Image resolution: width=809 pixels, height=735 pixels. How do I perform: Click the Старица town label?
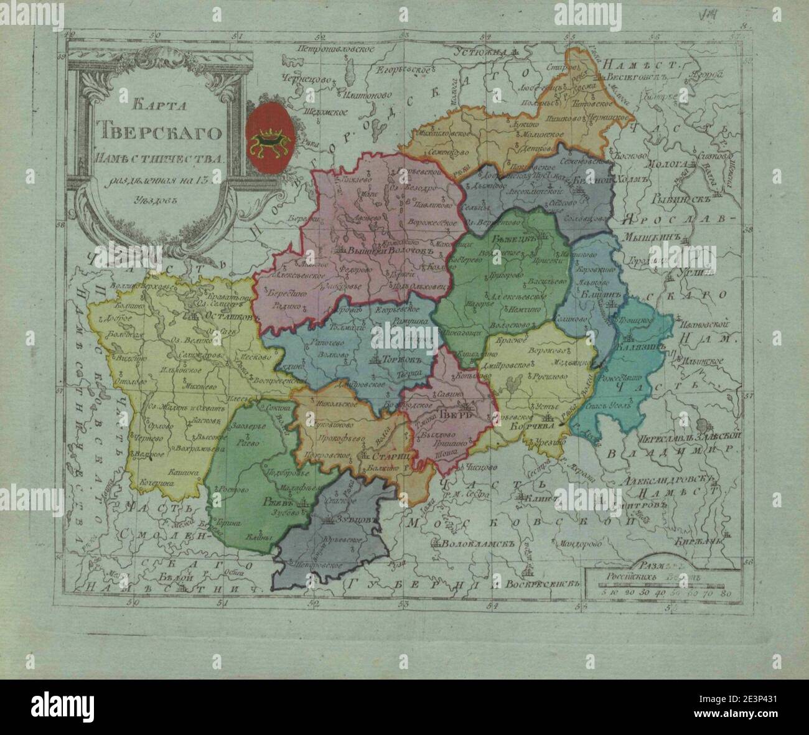coord(389,456)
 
